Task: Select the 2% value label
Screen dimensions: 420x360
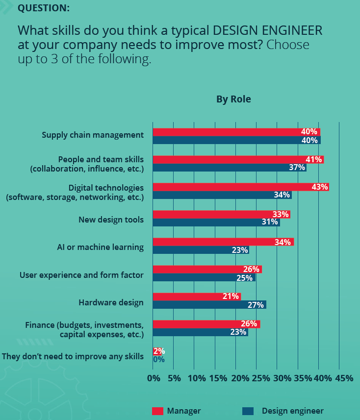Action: click(158, 351)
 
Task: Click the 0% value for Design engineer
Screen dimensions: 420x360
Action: click(158, 359)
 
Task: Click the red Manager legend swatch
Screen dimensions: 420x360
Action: click(157, 411)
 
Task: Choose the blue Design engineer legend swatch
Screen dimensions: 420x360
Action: click(248, 411)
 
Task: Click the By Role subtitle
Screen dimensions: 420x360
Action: click(233, 99)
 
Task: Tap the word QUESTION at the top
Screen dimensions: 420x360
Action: click(43, 8)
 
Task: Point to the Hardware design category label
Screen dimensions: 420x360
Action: click(111, 302)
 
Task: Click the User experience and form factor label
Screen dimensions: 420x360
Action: click(81, 275)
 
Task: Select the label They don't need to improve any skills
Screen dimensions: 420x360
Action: click(73, 356)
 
